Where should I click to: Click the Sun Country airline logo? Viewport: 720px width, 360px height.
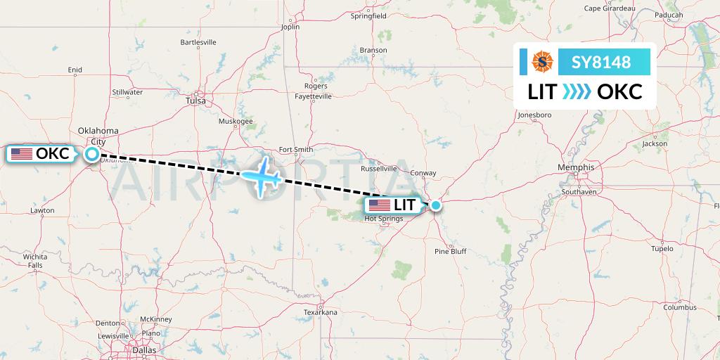pos(543,63)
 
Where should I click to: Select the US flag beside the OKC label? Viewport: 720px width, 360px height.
pos(21,153)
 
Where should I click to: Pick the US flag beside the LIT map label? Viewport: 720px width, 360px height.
pos(379,205)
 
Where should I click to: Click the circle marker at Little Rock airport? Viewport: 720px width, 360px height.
pos(436,205)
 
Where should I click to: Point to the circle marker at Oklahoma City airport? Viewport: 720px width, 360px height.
pos(92,153)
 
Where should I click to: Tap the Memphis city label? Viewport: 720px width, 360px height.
pos(576,167)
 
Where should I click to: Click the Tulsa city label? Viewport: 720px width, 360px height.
pos(196,101)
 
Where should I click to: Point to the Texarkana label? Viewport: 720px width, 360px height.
pos(321,311)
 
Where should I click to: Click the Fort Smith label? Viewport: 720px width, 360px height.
pos(295,149)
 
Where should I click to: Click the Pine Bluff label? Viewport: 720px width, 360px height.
pos(451,251)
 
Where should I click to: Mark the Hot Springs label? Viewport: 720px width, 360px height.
pos(383,219)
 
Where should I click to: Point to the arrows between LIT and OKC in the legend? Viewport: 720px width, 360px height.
pos(577,91)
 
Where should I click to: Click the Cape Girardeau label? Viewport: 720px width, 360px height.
pos(610,8)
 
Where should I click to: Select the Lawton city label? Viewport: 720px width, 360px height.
pos(42,210)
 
